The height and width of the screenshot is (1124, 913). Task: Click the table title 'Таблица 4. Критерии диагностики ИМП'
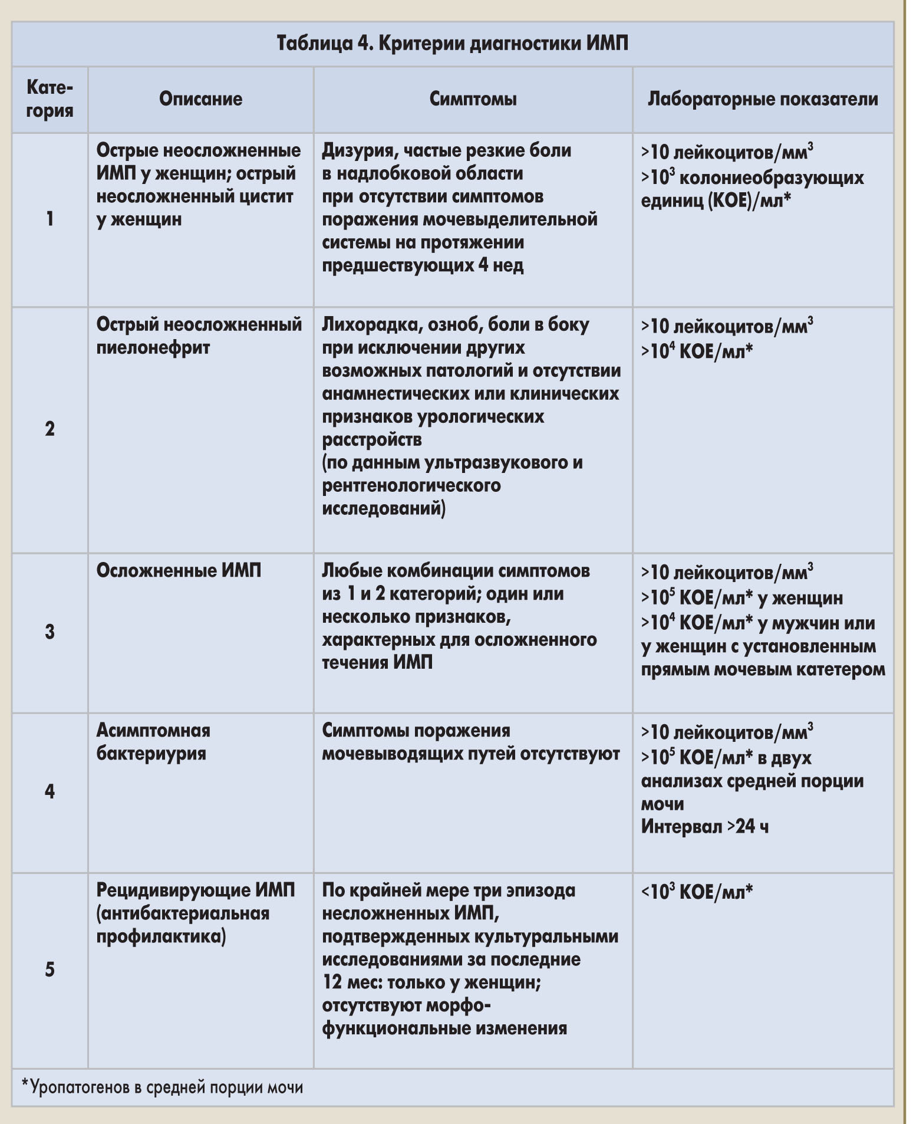coord(452,44)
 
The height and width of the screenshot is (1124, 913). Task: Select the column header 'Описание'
coord(200,98)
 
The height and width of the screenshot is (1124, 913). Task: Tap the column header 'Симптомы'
coord(473,98)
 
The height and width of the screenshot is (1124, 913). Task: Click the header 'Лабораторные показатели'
coord(763,98)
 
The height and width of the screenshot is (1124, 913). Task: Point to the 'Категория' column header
coord(50,98)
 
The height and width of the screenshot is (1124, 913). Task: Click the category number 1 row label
coord(50,219)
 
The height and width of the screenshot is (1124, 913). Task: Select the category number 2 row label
coord(50,429)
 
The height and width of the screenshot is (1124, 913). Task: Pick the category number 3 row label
coord(50,632)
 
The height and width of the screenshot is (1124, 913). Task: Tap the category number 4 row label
coord(50,791)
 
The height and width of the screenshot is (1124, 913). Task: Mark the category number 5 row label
coord(50,969)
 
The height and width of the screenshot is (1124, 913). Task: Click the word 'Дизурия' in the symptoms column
coord(354,151)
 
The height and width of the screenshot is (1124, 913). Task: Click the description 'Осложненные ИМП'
coord(179,571)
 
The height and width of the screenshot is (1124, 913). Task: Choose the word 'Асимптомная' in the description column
coord(153,731)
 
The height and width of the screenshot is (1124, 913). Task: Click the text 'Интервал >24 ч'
coord(704,827)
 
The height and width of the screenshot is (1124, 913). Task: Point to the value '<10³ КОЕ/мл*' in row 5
coord(697,892)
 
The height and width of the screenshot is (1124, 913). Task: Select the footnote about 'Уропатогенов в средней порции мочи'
coord(162,1087)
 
